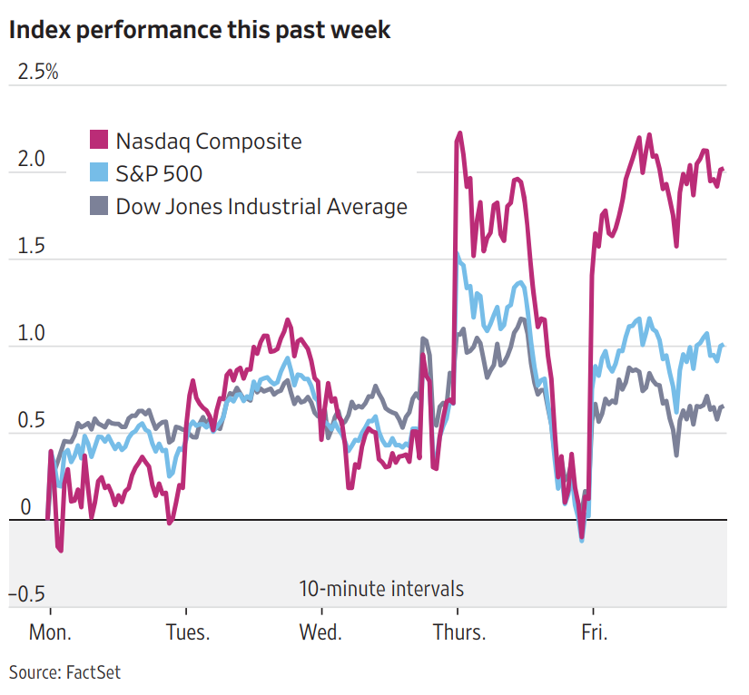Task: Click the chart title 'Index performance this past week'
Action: click(x=200, y=29)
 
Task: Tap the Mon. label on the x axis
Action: click(x=51, y=632)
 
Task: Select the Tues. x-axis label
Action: click(x=187, y=632)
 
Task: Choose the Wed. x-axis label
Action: click(x=320, y=632)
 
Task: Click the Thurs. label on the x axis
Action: click(x=459, y=632)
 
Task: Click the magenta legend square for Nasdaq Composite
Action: click(x=98, y=140)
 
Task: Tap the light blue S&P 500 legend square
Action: click(x=98, y=172)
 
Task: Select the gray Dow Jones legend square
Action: click(x=98, y=205)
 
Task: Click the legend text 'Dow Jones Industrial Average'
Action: click(x=261, y=206)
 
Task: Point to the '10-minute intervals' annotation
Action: click(x=381, y=589)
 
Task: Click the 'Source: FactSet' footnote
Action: click(x=65, y=672)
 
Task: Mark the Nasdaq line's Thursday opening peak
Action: click(x=460, y=133)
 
